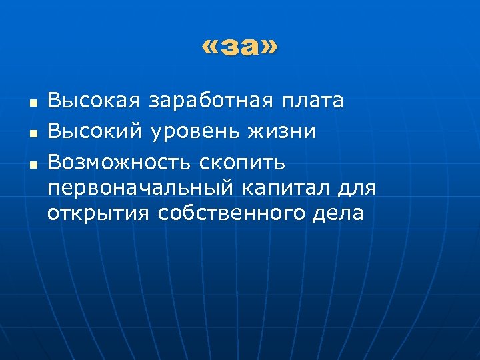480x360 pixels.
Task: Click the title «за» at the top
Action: [240, 48]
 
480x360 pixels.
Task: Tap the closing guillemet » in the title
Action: [268, 49]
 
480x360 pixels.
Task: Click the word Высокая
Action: [94, 101]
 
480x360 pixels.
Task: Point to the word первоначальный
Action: [141, 189]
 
